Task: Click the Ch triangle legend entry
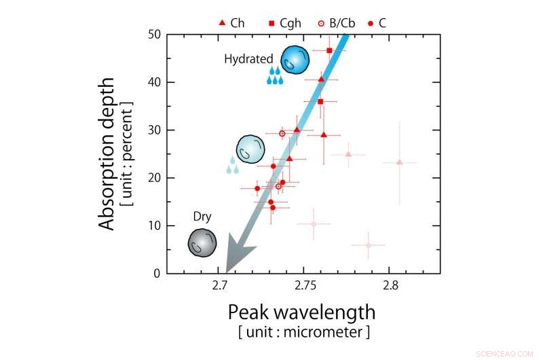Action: (x=231, y=22)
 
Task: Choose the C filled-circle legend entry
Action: (x=377, y=22)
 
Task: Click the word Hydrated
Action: (x=248, y=59)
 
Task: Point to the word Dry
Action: (x=202, y=217)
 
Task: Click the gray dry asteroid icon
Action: (x=202, y=242)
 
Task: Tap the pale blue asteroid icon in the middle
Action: (x=250, y=148)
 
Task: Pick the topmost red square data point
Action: (x=329, y=50)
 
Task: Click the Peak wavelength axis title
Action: (x=301, y=312)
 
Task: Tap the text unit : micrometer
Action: (x=303, y=332)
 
